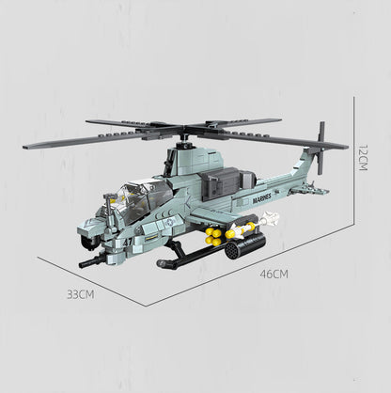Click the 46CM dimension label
point(274,274)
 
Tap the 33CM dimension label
point(81,294)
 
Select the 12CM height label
point(363,157)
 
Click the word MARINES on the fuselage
point(261,198)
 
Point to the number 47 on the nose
point(128,242)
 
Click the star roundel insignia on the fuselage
point(169,223)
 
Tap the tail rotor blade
point(321,148)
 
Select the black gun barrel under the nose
point(92,261)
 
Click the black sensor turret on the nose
point(88,242)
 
